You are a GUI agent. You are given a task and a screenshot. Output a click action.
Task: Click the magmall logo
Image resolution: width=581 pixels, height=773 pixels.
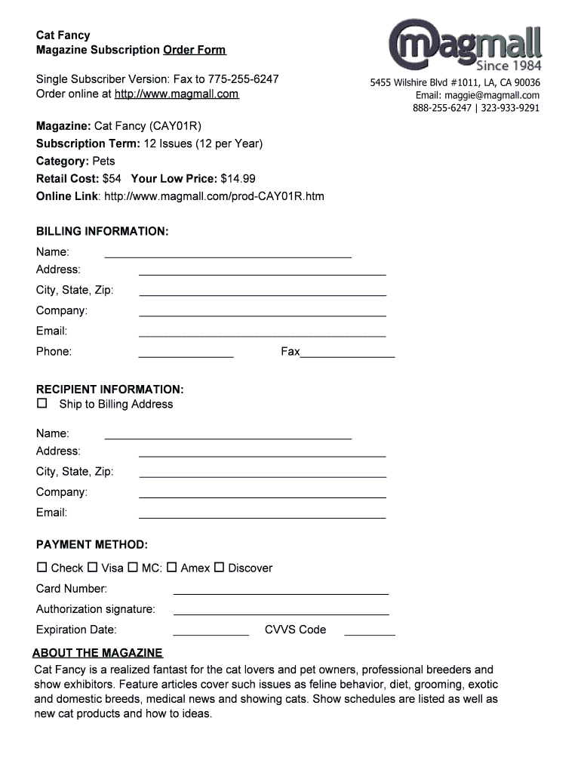pyautogui.click(x=465, y=44)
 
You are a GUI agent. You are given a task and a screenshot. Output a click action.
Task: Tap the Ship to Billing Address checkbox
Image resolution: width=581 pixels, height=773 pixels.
pyautogui.click(x=42, y=404)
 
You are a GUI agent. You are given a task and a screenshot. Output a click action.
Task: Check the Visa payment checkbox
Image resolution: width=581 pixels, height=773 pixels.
pyautogui.click(x=93, y=567)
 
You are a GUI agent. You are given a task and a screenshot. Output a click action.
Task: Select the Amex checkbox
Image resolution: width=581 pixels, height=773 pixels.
pyautogui.click(x=172, y=567)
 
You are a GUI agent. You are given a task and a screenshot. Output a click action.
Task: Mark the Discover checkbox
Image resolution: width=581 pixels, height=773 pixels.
pyautogui.click(x=220, y=567)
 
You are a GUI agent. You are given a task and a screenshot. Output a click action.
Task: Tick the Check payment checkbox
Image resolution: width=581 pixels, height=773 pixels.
pyautogui.click(x=42, y=567)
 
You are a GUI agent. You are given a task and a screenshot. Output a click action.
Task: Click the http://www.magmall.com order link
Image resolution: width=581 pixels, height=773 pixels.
pyautogui.click(x=176, y=94)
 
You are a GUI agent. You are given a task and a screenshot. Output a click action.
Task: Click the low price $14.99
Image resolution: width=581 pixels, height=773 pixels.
pyautogui.click(x=238, y=179)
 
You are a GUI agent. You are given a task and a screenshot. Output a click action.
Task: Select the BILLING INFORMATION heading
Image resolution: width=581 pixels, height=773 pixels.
pyautogui.click(x=103, y=231)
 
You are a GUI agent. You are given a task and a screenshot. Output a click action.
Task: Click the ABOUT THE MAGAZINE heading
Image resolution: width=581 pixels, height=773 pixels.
pyautogui.click(x=97, y=653)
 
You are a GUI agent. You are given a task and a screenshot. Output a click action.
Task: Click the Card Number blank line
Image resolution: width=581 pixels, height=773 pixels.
pyautogui.click(x=281, y=593)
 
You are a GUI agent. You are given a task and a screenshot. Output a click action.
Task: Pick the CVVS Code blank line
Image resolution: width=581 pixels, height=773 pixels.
pyautogui.click(x=370, y=634)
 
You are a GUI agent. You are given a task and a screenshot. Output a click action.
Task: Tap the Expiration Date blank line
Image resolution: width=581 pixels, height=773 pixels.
pyautogui.click(x=211, y=634)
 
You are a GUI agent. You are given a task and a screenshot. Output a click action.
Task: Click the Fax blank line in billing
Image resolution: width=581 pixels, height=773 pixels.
pyautogui.click(x=347, y=356)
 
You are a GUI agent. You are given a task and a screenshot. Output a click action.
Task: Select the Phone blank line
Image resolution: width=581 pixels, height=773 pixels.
pyautogui.click(x=186, y=356)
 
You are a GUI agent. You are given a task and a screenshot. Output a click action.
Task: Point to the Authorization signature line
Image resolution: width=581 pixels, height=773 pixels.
pyautogui.click(x=281, y=614)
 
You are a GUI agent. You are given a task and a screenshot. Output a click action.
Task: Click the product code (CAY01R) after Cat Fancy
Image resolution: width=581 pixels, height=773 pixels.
pyautogui.click(x=175, y=125)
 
